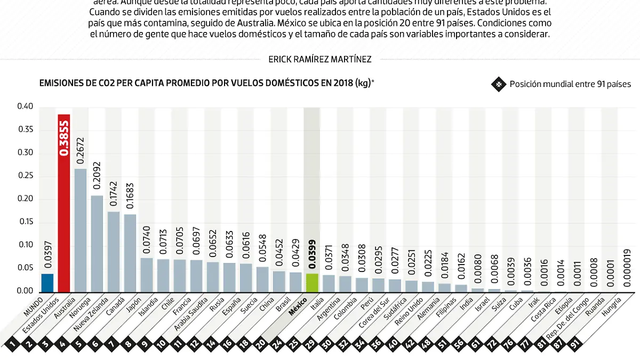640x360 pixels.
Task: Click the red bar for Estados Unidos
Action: (x=64, y=203)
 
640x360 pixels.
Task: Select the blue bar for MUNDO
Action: (x=47, y=283)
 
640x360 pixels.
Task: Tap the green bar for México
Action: (x=311, y=283)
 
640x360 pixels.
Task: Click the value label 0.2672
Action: (x=81, y=150)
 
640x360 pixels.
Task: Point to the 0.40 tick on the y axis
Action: (x=25, y=107)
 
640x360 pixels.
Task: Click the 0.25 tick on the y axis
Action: (x=25, y=176)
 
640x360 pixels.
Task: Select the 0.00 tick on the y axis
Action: (x=25, y=291)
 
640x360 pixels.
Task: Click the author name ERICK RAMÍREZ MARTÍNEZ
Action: (x=320, y=60)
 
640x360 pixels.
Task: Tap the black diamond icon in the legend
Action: (x=498, y=84)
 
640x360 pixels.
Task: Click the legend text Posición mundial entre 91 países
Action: (x=570, y=84)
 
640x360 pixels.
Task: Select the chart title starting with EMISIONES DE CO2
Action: (x=206, y=83)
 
